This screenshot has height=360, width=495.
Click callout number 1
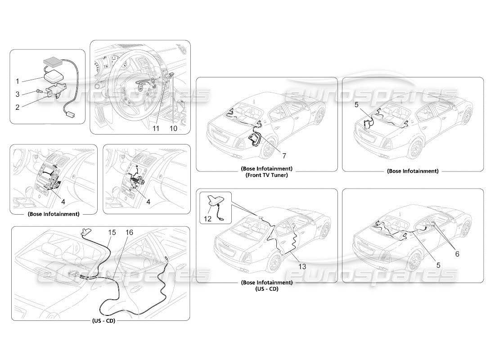17,81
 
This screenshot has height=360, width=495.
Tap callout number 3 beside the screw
17,94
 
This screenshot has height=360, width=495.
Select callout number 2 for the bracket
17,107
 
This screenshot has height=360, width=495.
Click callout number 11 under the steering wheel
156,128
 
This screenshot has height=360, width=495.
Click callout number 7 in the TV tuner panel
284,156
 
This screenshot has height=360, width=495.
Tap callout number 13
302,266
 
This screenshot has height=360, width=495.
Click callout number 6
457,253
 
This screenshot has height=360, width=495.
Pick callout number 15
112,233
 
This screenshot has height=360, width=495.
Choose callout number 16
130,233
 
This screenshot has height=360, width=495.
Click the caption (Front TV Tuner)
266,175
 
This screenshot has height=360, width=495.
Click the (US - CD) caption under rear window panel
103,320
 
